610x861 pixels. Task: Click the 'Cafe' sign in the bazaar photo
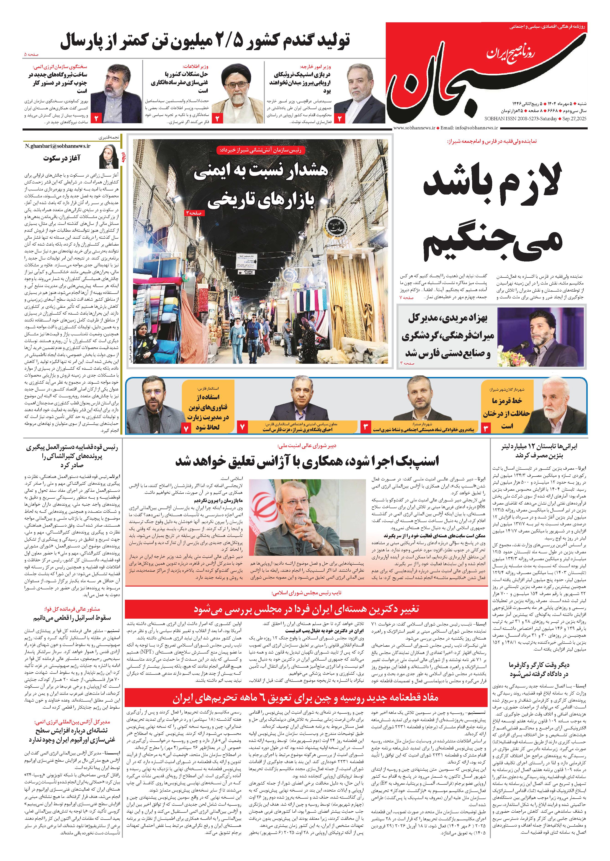click(249, 272)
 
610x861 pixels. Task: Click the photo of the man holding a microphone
click(541, 336)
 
